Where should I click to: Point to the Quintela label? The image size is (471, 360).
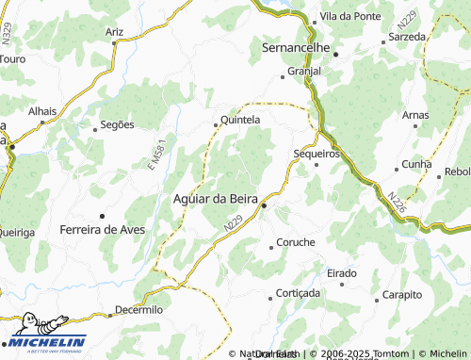(x=239, y=120)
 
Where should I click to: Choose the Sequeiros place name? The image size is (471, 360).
(x=317, y=153)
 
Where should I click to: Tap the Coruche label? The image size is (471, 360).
(x=295, y=242)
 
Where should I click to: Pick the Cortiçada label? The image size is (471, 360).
(x=300, y=293)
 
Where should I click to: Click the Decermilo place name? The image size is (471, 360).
(x=138, y=309)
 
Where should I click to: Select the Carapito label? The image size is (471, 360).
(x=402, y=295)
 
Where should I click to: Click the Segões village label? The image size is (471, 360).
(x=119, y=124)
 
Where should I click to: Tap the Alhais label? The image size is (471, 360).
(x=42, y=110)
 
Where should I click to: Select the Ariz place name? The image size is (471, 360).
(x=115, y=32)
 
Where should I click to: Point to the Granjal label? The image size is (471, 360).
(x=303, y=71)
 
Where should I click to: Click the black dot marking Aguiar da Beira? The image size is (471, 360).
(x=265, y=205)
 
